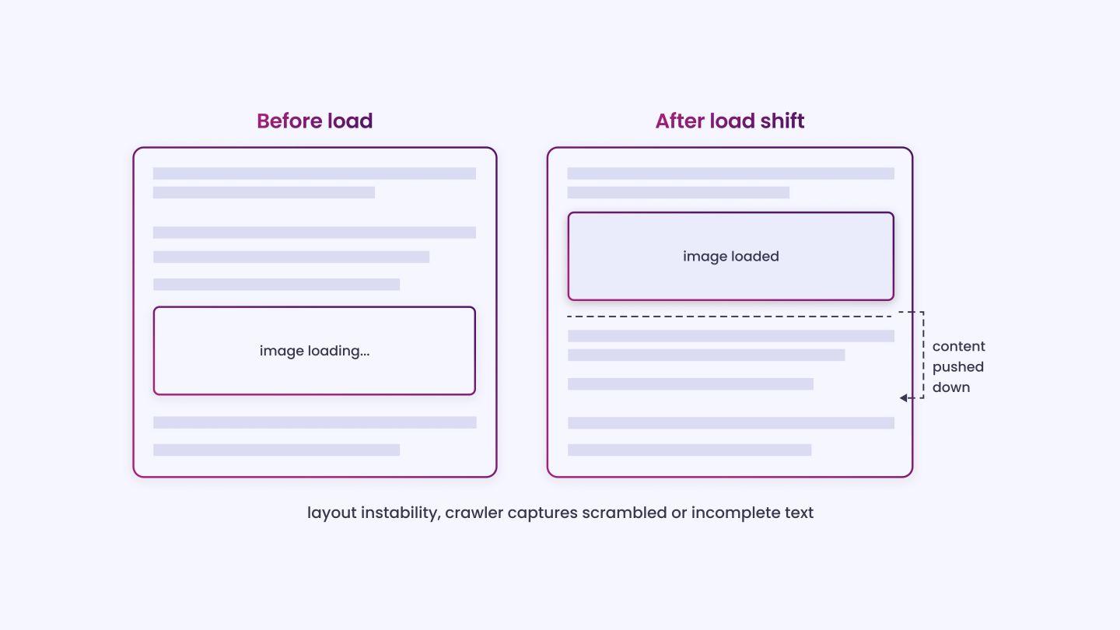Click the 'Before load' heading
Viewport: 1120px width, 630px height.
tap(314, 121)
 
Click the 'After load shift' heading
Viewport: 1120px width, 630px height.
tap(730, 121)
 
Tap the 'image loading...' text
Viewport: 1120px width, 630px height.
tap(314, 351)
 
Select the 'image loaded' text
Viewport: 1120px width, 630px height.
tap(730, 257)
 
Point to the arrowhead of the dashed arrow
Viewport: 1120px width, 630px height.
tap(903, 398)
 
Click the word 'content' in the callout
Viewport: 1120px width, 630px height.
tap(958, 346)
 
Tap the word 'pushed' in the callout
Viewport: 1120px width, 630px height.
tap(958, 367)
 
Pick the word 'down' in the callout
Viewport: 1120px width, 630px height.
tap(951, 387)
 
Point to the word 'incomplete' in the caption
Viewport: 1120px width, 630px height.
tap(736, 513)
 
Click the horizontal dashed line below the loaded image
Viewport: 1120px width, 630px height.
tap(730, 317)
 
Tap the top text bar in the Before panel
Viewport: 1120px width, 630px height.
tap(314, 173)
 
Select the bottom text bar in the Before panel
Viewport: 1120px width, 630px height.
tap(277, 450)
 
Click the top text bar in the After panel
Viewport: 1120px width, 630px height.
tap(730, 173)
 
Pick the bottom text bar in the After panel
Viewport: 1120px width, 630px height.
tap(689, 450)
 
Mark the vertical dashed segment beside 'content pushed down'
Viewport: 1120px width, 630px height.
tap(923, 355)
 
